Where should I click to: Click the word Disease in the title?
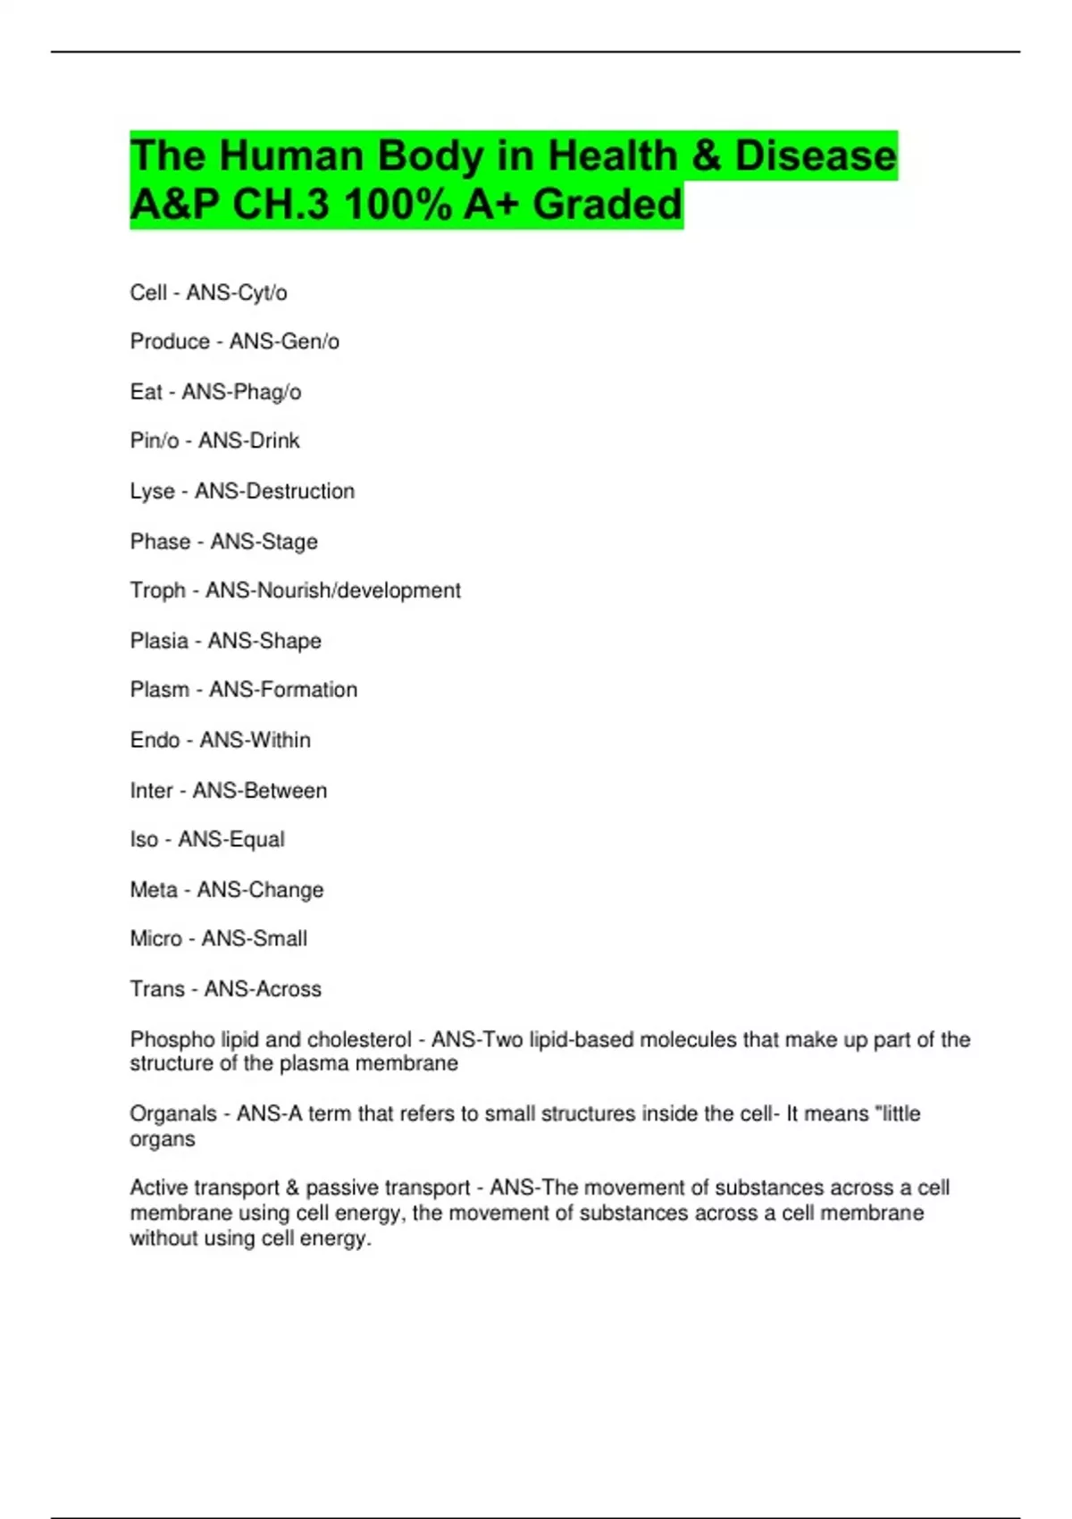pos(815,156)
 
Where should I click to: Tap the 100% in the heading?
pos(398,205)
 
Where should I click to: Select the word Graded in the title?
pos(607,205)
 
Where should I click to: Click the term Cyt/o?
pos(262,293)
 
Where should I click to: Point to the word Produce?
pos(170,341)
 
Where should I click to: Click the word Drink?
pos(272,441)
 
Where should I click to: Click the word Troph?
pos(157,591)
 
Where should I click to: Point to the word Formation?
pos(307,690)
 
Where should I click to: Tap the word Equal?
pos(257,840)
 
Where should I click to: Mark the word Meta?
pos(154,890)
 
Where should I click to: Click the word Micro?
pos(155,939)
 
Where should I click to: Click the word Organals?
pos(173,1114)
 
